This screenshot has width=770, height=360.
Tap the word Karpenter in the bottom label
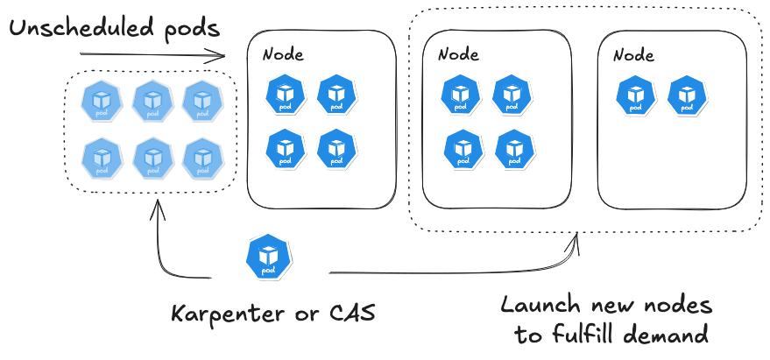(x=224, y=314)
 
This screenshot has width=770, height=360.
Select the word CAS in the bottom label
(x=346, y=314)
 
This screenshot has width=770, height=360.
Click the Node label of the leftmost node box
(x=283, y=54)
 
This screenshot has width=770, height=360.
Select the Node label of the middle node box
(x=458, y=54)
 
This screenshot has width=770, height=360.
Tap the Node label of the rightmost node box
(x=633, y=54)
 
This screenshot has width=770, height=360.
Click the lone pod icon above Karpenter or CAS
(x=268, y=256)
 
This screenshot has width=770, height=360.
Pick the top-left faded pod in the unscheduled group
(x=101, y=101)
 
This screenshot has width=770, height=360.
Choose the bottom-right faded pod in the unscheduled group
(x=203, y=158)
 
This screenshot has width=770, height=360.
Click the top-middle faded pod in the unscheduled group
(x=152, y=101)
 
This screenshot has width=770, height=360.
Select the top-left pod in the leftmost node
(x=286, y=95)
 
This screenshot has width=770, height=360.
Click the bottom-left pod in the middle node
(x=463, y=148)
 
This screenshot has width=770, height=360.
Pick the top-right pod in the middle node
(x=512, y=95)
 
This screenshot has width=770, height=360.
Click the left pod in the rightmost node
(x=637, y=95)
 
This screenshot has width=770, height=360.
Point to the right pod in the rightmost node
(x=688, y=95)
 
